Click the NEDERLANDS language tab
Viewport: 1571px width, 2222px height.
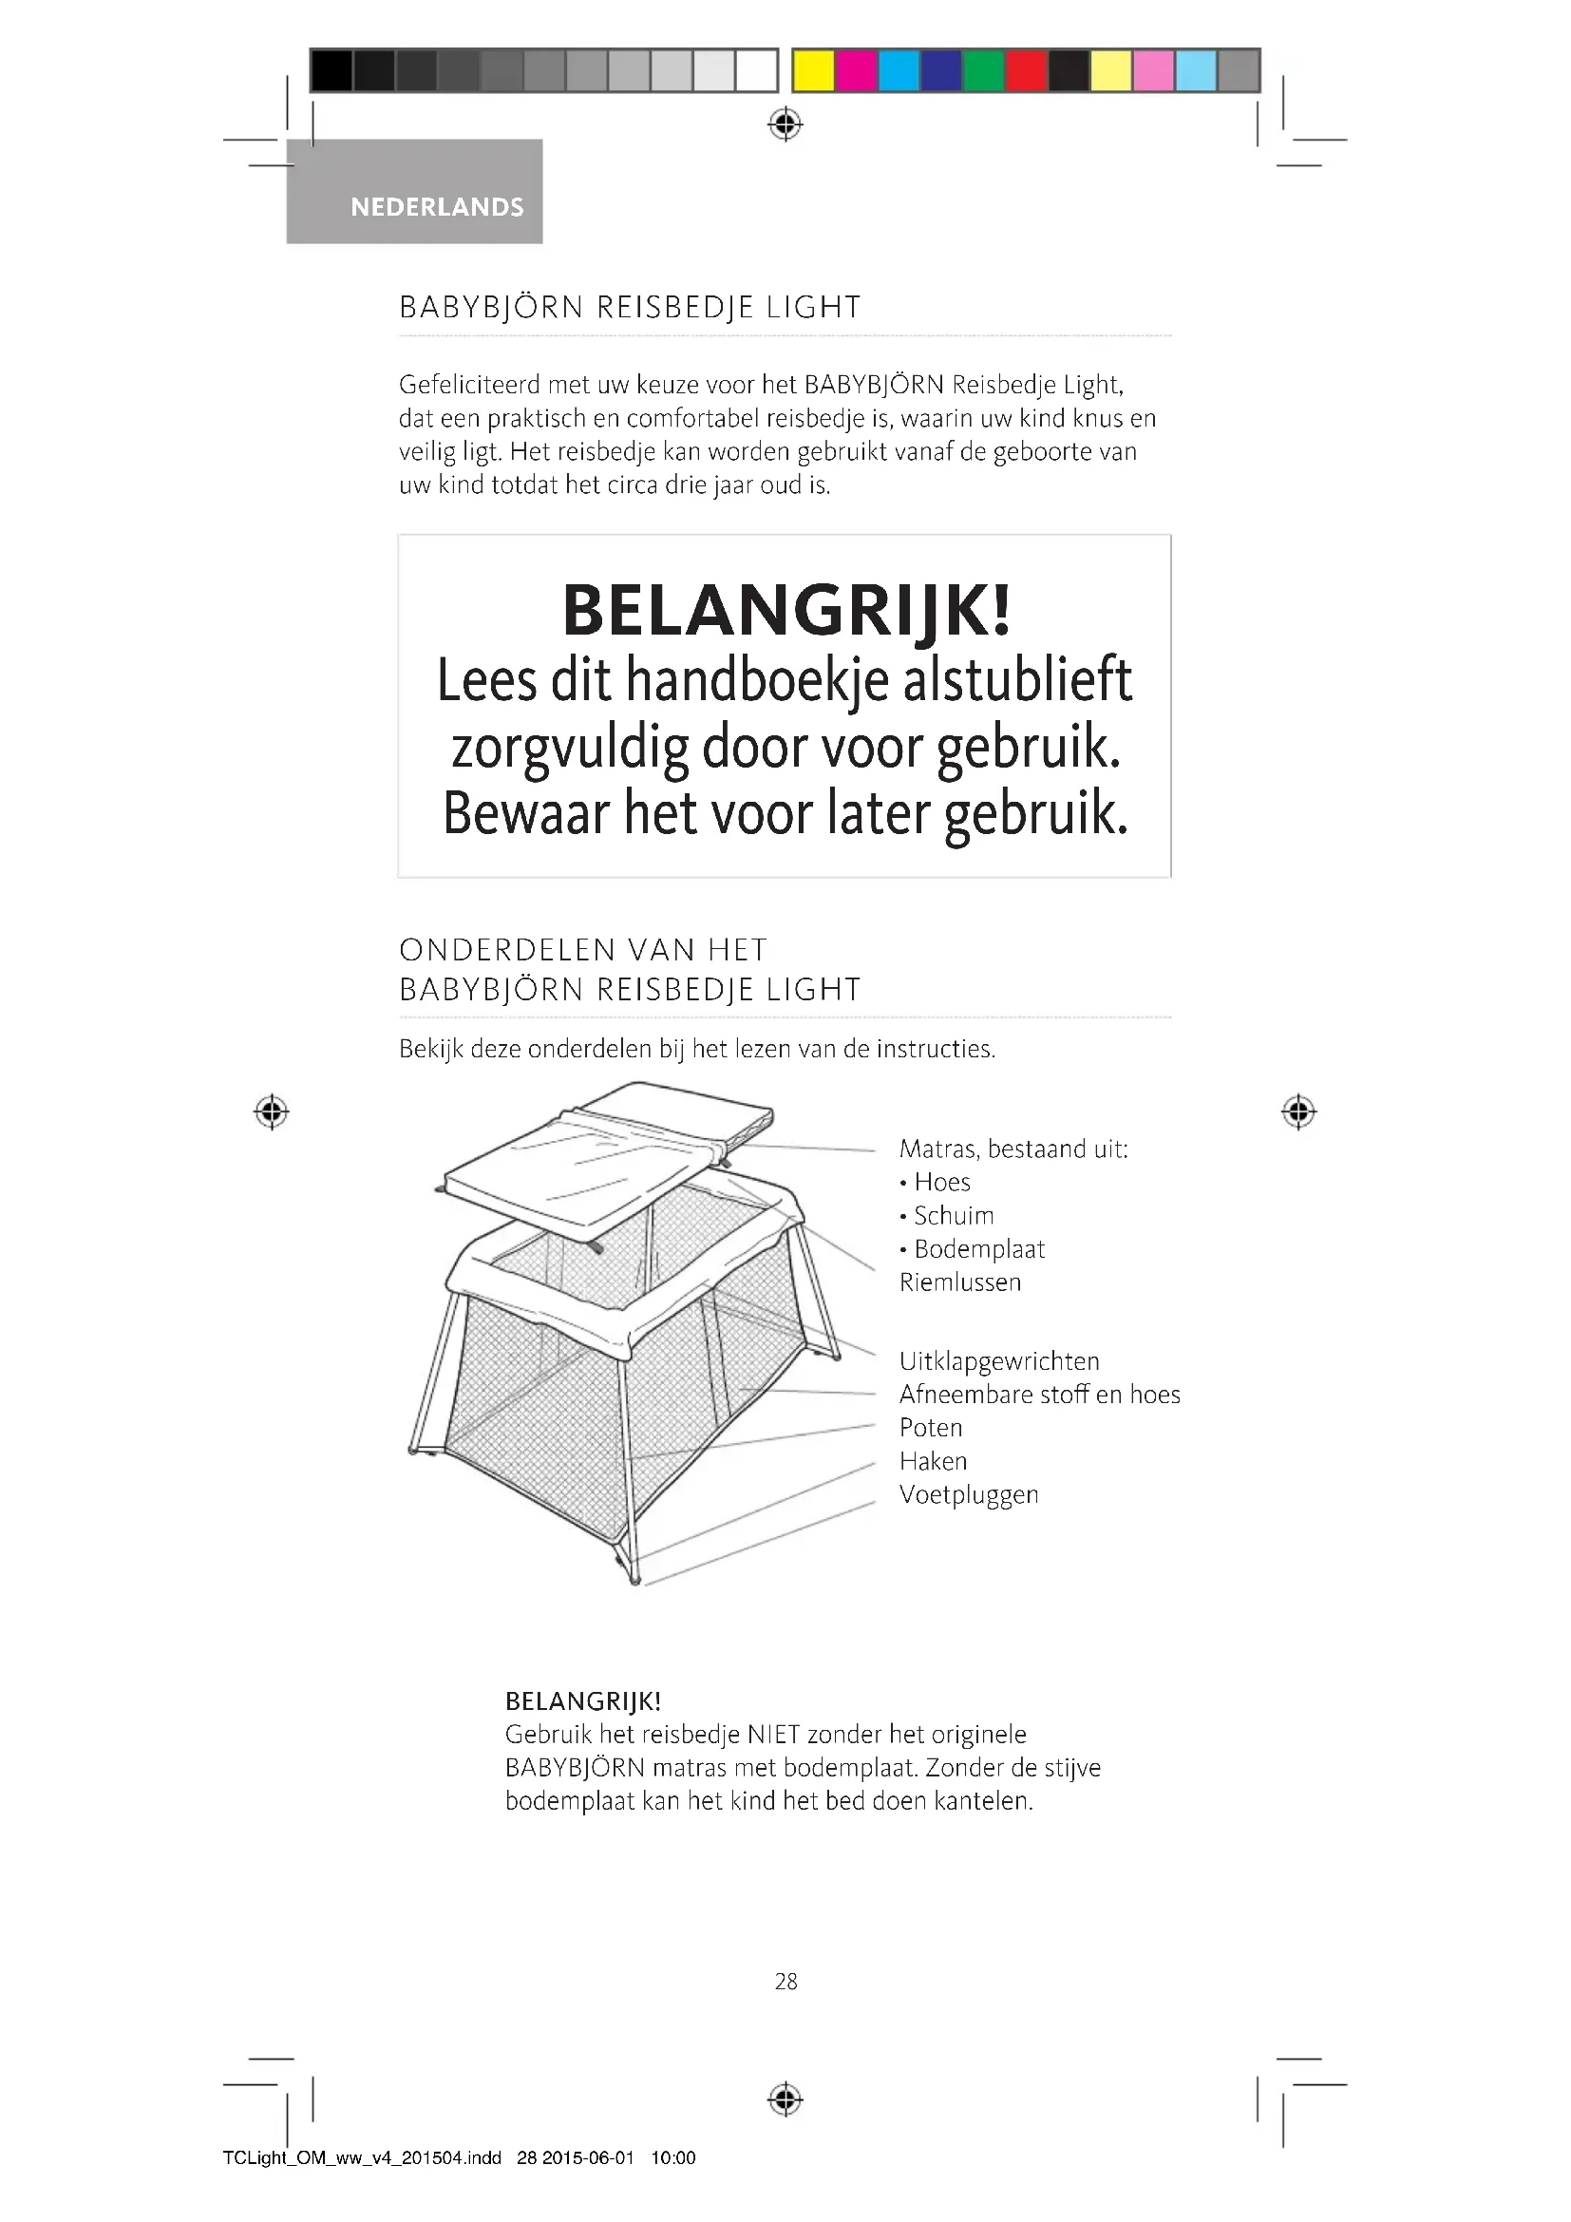pyautogui.click(x=436, y=207)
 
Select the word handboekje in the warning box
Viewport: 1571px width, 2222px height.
pyautogui.click(x=756, y=680)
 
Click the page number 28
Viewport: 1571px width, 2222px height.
pyautogui.click(x=785, y=1982)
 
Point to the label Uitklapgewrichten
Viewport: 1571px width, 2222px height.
pyautogui.click(x=998, y=1360)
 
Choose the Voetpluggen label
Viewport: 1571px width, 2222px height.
pyautogui.click(x=968, y=1494)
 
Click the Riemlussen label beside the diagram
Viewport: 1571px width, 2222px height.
pyautogui.click(x=959, y=1282)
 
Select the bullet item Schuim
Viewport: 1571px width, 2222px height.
pyautogui.click(x=953, y=1216)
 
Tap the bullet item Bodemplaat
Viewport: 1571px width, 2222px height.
pyautogui.click(x=979, y=1249)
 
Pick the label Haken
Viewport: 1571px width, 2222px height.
pyautogui.click(x=933, y=1461)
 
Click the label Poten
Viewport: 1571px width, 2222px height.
pyautogui.click(x=931, y=1428)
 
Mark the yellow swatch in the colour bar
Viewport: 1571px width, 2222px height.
pyautogui.click(x=814, y=70)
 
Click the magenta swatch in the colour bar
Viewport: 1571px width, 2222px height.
pyautogui.click(x=856, y=70)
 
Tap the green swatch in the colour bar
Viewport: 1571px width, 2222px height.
pyautogui.click(x=984, y=70)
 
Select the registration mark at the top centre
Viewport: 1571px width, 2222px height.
pyautogui.click(x=785, y=124)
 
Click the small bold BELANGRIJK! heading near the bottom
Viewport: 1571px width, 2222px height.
pyautogui.click(x=582, y=1701)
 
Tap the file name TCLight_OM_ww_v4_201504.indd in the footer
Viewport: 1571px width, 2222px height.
pyautogui.click(x=362, y=2157)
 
